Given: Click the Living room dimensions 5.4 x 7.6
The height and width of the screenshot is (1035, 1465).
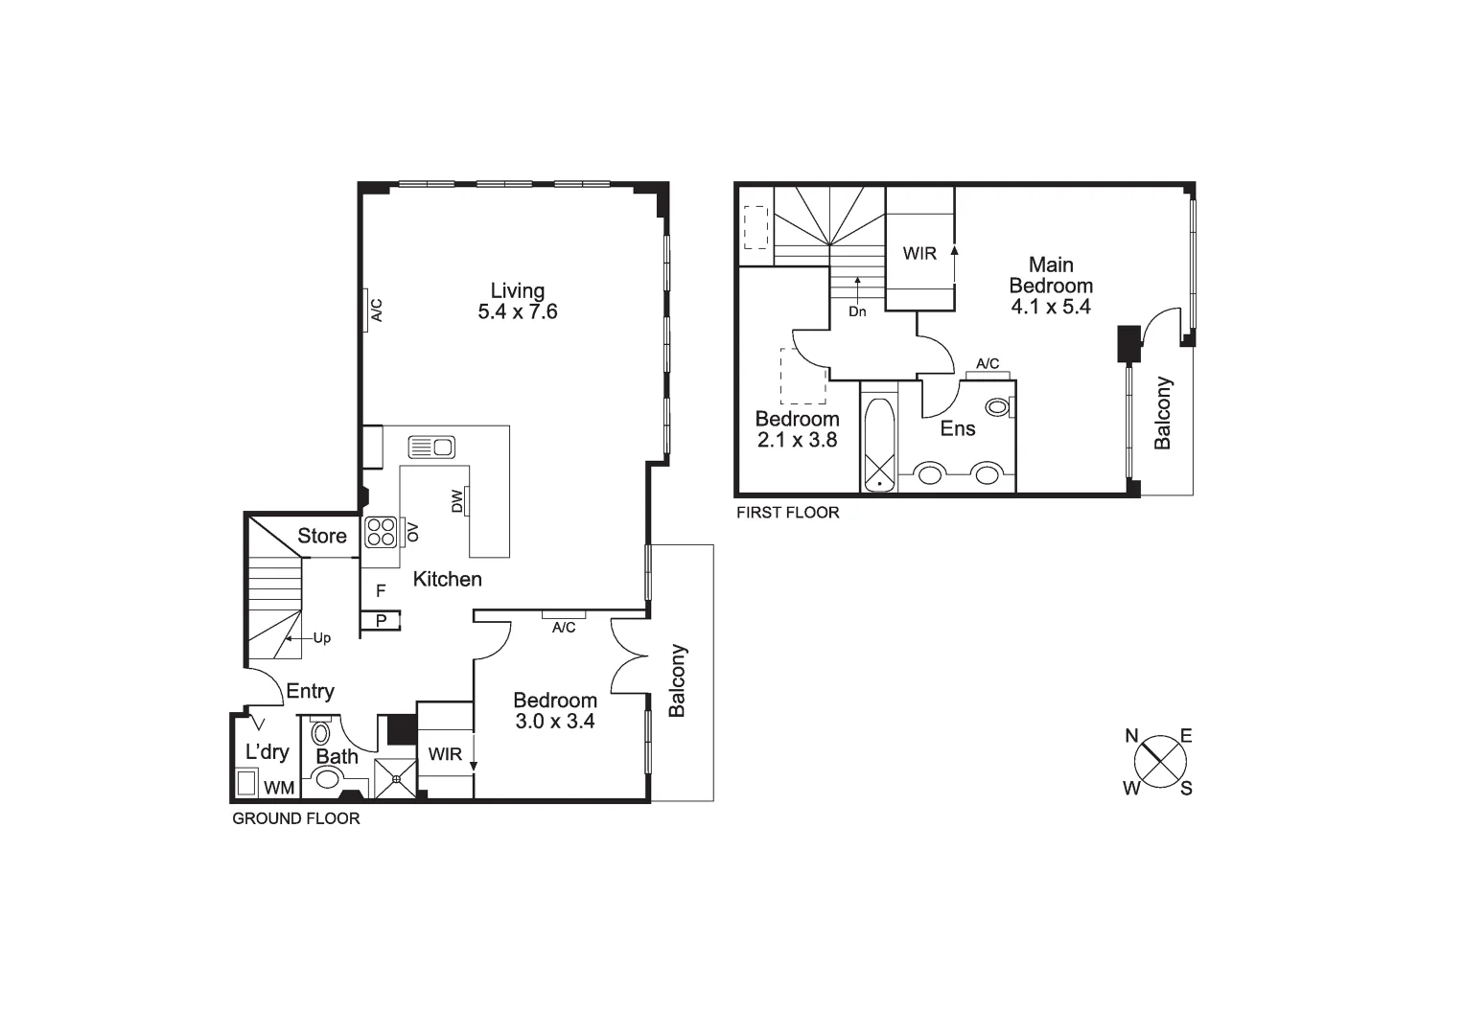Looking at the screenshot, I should [518, 312].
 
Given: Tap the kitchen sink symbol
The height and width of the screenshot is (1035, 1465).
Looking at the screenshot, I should [431, 447].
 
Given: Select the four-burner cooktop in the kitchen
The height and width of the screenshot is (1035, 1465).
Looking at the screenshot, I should [381, 532].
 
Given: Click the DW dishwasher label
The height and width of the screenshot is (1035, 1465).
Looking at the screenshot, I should [456, 501].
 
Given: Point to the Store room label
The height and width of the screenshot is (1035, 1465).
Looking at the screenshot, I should [322, 537].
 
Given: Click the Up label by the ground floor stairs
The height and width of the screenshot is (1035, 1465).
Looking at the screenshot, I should [322, 638].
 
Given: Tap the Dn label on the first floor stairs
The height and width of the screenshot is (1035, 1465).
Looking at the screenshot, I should [857, 311].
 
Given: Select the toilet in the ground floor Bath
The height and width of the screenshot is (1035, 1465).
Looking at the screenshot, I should [320, 735].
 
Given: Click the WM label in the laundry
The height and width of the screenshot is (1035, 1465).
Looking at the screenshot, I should [279, 788].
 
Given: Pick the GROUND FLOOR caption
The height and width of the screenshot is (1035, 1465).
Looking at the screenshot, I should [296, 819].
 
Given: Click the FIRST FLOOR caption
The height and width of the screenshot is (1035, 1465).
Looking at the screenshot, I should [787, 513].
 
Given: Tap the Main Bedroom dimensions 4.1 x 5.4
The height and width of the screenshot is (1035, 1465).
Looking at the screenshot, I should [1051, 308].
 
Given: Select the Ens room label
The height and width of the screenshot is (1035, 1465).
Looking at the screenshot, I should [958, 428].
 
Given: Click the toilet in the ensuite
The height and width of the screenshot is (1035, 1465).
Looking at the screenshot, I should [999, 407].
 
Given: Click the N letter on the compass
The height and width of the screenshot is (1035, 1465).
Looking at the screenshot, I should [1131, 736].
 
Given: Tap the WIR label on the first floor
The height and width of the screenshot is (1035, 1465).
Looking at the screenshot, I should [919, 254].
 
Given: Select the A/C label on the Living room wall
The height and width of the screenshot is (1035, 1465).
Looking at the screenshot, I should [377, 310].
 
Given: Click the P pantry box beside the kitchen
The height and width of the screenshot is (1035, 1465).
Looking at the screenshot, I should [381, 621].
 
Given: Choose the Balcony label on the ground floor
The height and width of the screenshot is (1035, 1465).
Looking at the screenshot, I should [678, 680].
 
